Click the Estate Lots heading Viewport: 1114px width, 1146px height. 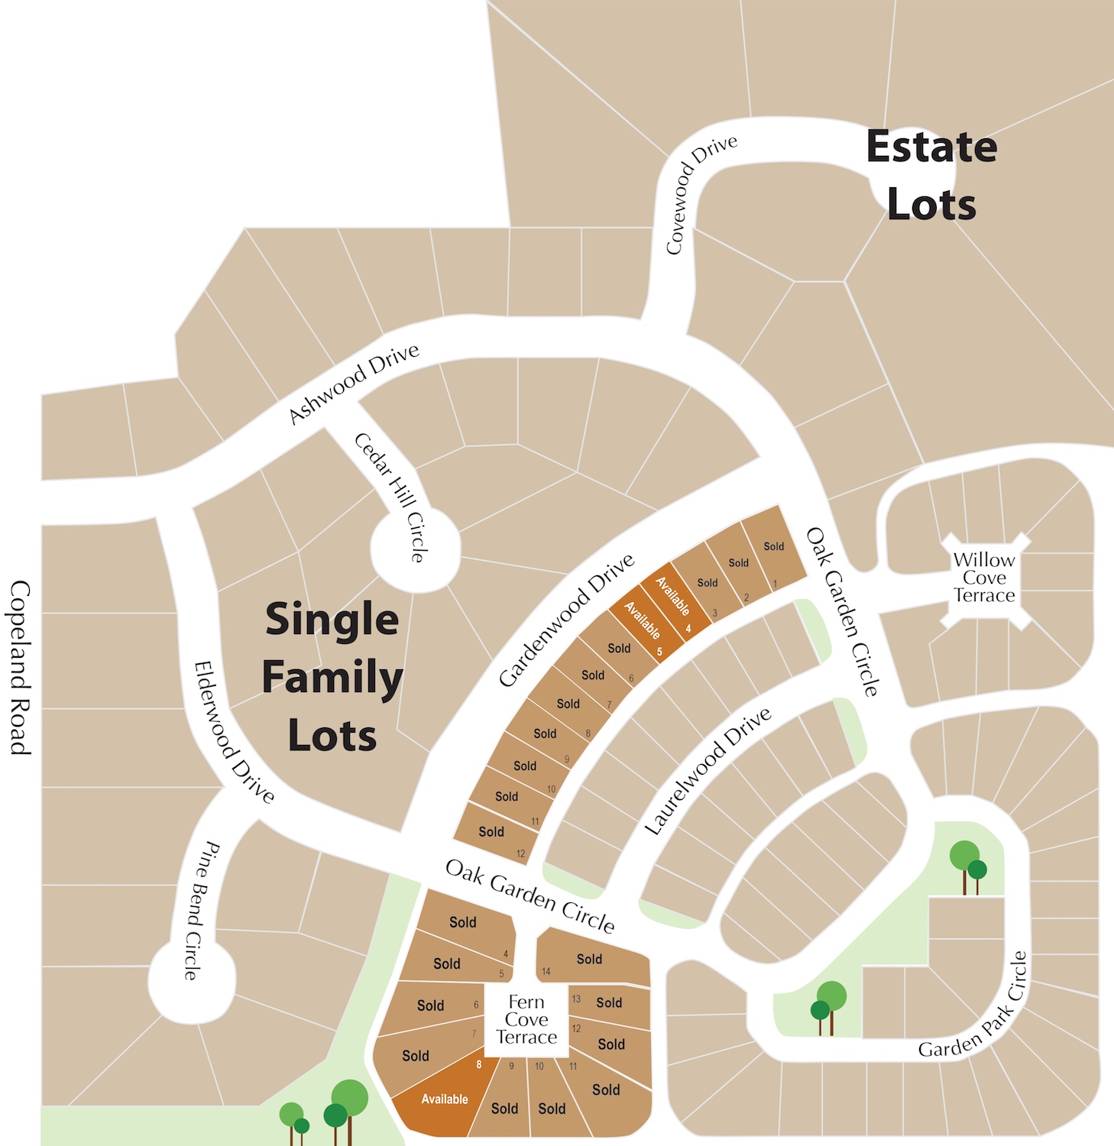tap(931, 176)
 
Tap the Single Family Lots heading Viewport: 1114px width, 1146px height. tap(332, 677)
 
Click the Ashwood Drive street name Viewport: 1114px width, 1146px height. tap(354, 383)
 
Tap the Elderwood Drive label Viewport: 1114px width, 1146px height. tap(233, 732)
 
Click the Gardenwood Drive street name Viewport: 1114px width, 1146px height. tap(566, 620)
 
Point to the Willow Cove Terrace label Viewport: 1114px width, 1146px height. tap(984, 578)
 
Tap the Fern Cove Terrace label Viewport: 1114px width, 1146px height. tap(526, 1019)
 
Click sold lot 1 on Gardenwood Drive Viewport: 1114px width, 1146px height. tap(773, 552)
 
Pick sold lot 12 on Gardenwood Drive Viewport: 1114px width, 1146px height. tap(493, 834)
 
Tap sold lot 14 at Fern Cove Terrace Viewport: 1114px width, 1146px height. tap(591, 960)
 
